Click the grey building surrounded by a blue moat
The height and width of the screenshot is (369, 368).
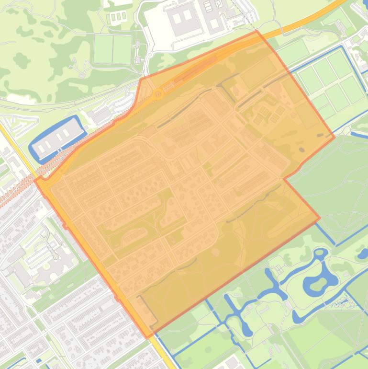click(x=56, y=137)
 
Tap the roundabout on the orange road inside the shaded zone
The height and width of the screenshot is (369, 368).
click(x=158, y=94)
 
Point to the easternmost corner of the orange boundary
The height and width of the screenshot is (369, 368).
click(x=334, y=138)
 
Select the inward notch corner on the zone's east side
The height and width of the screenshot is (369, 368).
click(x=285, y=179)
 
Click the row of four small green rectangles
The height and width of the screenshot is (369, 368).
click(x=117, y=17)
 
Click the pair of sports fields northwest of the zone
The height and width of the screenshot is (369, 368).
click(x=113, y=49)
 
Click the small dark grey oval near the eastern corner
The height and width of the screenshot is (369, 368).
click(x=301, y=150)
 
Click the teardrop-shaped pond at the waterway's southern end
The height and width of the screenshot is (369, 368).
click(x=247, y=330)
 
